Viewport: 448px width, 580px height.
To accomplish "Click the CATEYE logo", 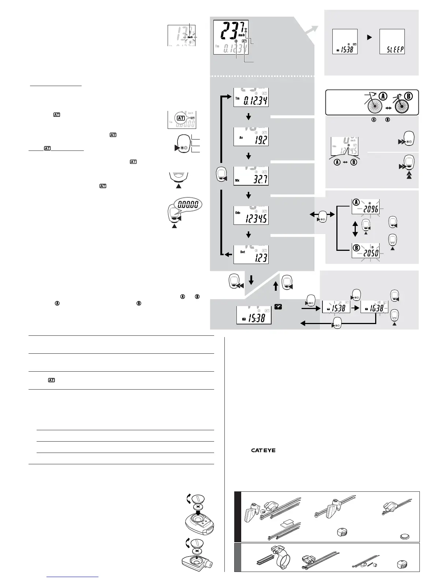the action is [263, 450].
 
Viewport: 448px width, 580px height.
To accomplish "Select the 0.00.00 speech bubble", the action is [188, 204].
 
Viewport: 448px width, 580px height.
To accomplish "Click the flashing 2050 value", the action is [370, 252].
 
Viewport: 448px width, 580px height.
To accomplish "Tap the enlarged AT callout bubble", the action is [180, 118].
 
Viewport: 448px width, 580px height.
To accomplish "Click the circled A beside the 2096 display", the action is [356, 202].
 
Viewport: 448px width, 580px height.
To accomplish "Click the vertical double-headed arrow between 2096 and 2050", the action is [355, 228].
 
